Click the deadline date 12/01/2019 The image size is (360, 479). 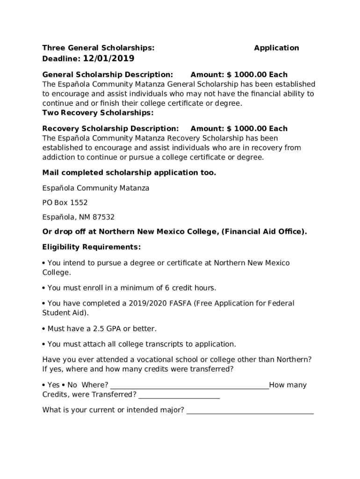[108, 58]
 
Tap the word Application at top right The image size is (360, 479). [276, 48]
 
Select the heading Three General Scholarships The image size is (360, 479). [98, 48]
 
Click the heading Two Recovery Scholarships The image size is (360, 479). [98, 113]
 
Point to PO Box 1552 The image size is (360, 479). [65, 203]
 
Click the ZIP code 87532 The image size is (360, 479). [104, 217]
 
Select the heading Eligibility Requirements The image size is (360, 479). [91, 247]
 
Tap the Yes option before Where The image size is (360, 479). [53, 385]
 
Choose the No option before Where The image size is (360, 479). [72, 385]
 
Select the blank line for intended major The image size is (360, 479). [250, 411]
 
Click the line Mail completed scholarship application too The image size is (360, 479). [129, 173]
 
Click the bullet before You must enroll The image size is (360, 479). [44, 288]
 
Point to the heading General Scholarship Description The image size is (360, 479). [108, 74]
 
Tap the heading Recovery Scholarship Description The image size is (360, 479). [110, 128]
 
